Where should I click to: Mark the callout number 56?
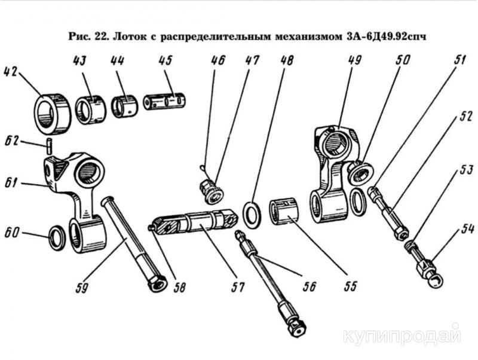[307, 286]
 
